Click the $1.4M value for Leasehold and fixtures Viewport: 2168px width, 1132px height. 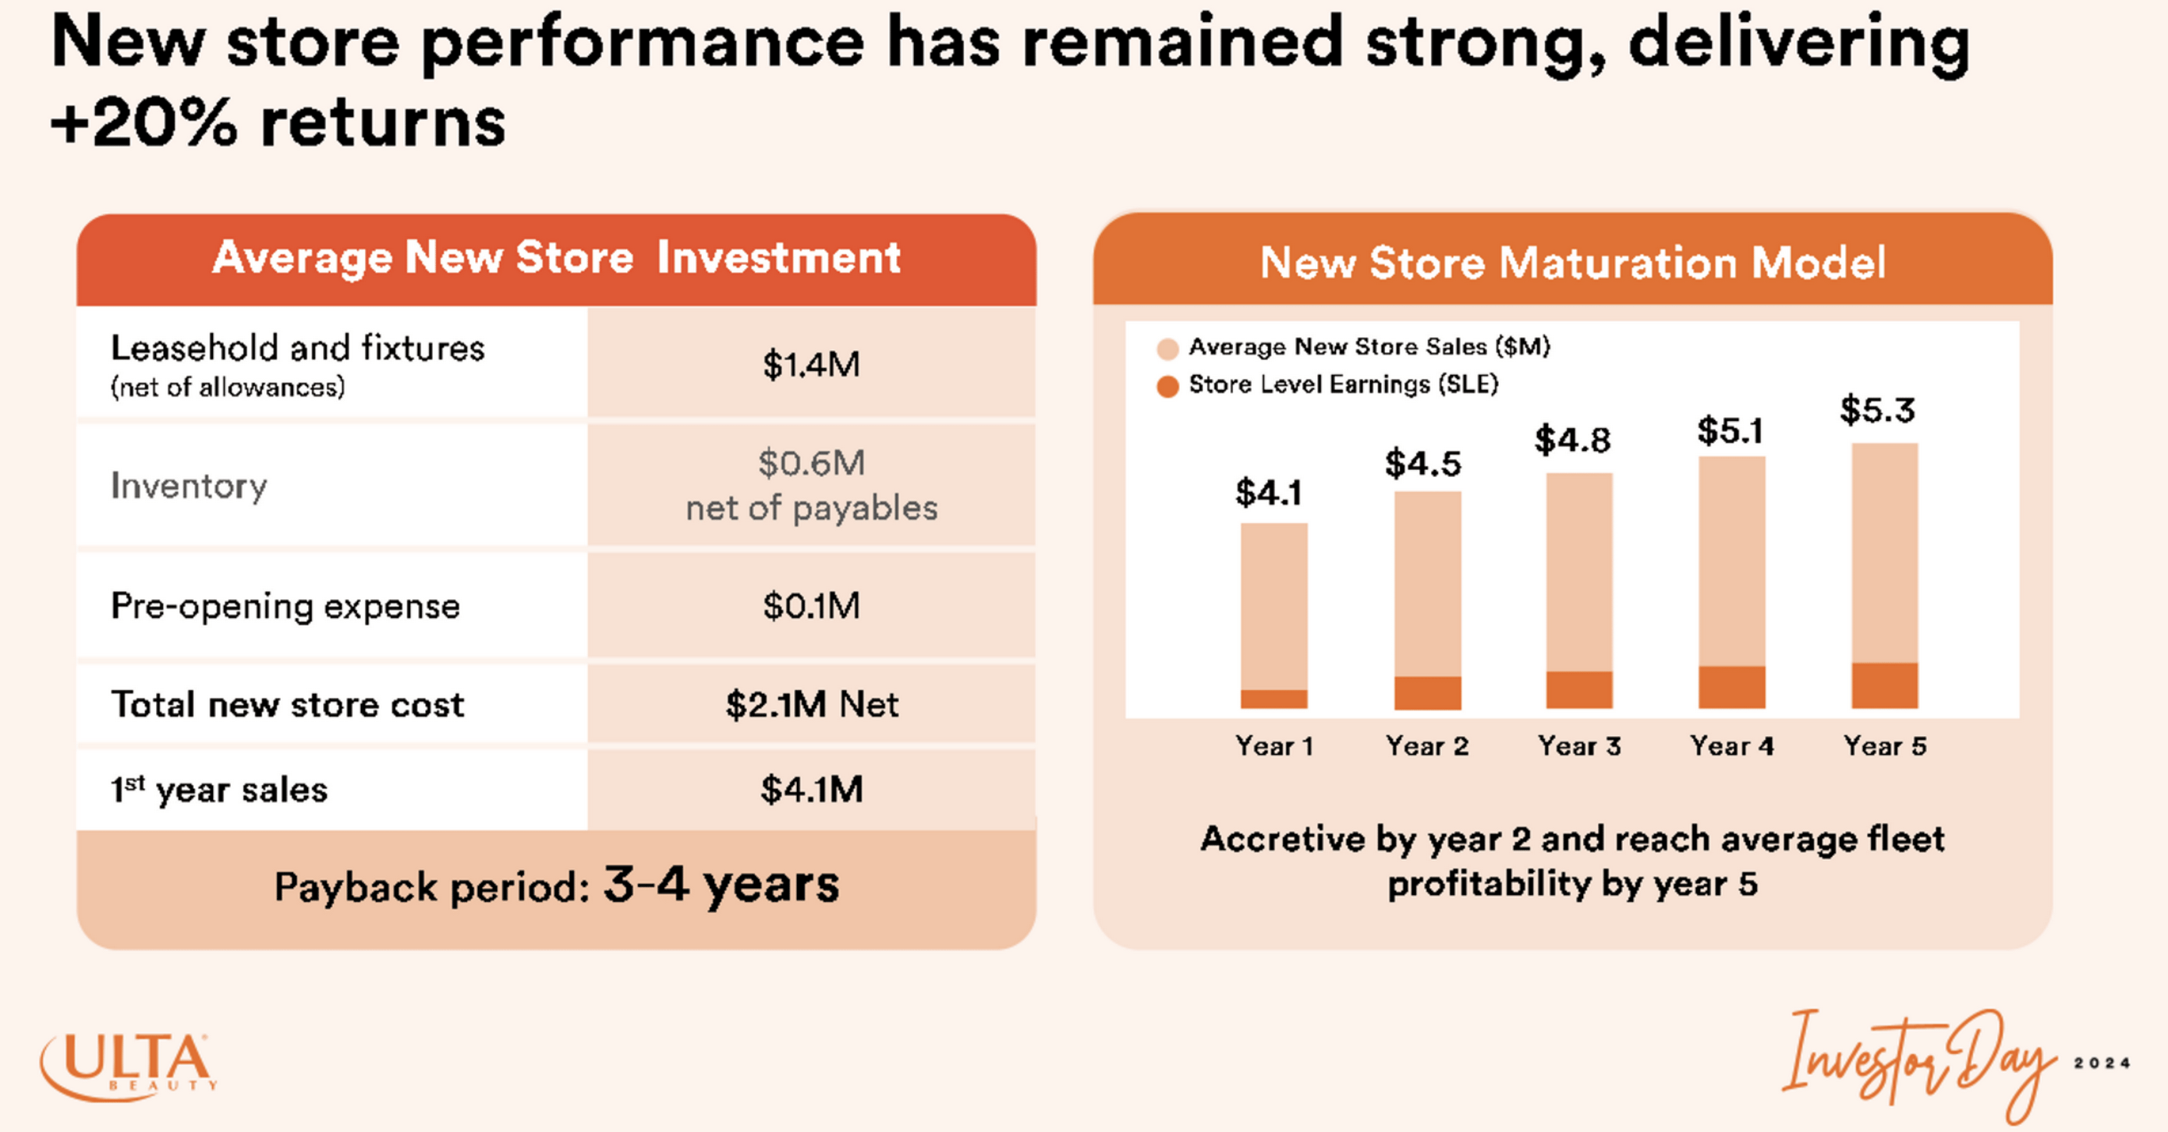pos(810,364)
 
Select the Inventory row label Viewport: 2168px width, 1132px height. pos(189,486)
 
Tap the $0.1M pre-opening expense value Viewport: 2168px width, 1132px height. pos(810,606)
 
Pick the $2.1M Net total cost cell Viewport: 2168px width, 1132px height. pos(811,705)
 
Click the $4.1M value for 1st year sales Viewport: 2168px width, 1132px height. pos(811,790)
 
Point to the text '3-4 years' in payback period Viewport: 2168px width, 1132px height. pos(721,885)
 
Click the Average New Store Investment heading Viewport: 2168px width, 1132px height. pos(555,257)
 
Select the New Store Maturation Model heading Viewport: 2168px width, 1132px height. pos(1572,263)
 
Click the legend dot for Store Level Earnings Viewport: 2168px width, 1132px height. pos(1167,387)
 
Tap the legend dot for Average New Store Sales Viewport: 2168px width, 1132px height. pos(1167,348)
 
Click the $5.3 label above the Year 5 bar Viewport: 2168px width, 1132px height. pos(1877,411)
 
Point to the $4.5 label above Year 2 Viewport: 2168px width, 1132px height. pos(1423,464)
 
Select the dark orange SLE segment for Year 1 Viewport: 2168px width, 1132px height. pos(1274,699)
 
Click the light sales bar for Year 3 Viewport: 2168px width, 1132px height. pos(1579,572)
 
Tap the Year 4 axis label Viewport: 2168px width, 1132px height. pos(1731,745)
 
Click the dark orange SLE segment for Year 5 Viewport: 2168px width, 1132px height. pos(1884,685)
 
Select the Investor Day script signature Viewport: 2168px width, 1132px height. pos(1919,1065)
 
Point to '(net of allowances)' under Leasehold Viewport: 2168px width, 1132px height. pos(227,387)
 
